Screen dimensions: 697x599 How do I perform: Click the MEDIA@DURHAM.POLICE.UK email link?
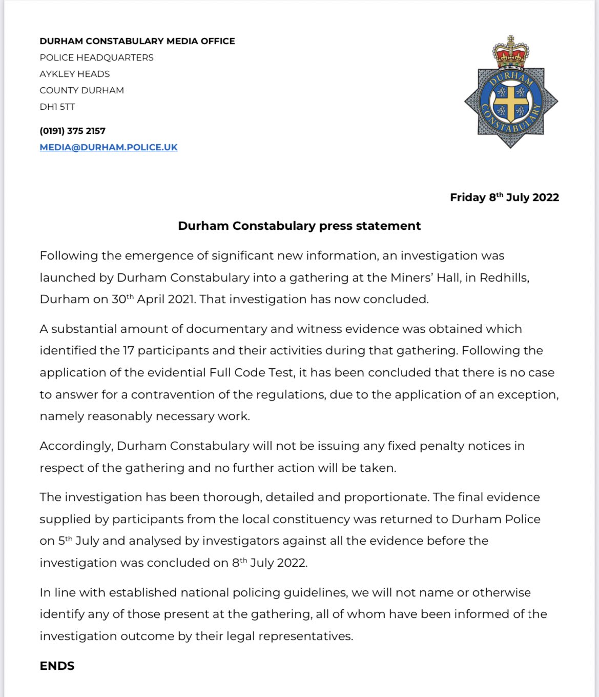pyautogui.click(x=109, y=147)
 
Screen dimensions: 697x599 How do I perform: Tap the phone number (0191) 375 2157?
pyautogui.click(x=72, y=131)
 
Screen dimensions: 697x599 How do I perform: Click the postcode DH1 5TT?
pyautogui.click(x=57, y=107)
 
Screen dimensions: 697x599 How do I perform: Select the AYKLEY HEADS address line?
pyautogui.click(x=75, y=74)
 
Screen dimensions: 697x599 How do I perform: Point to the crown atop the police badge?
pyautogui.click(x=510, y=53)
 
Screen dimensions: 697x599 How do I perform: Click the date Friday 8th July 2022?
pyautogui.click(x=504, y=197)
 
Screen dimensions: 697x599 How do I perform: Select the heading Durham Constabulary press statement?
pyautogui.click(x=299, y=226)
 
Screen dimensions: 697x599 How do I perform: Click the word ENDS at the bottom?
pyautogui.click(x=57, y=666)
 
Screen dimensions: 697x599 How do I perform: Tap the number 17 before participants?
pyautogui.click(x=128, y=350)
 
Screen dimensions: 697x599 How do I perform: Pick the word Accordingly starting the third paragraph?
pyautogui.click(x=76, y=446)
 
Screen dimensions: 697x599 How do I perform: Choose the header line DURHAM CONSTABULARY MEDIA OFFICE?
pyautogui.click(x=137, y=41)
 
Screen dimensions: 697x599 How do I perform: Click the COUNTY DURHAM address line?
pyautogui.click(x=81, y=90)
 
